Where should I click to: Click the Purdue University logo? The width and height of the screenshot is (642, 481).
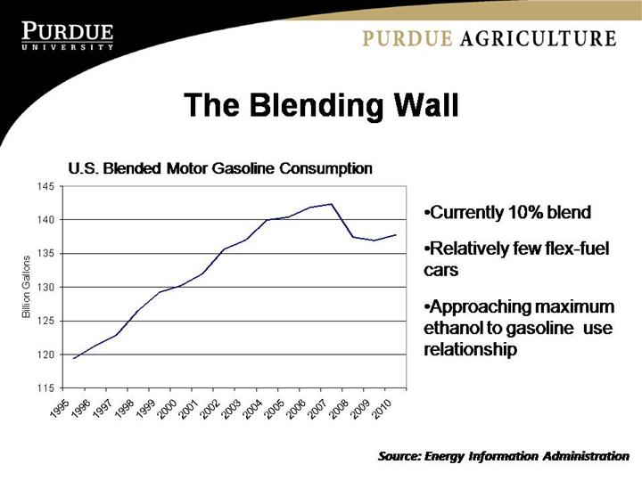tap(68, 36)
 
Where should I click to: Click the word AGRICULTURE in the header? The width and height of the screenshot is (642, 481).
tap(554, 38)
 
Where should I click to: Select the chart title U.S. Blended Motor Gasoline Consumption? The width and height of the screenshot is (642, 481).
tap(220, 167)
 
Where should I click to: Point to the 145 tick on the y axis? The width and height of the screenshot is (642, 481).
tap(45, 186)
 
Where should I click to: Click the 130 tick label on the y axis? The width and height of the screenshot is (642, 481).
tap(45, 287)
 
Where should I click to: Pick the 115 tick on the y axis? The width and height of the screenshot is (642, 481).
tap(45, 388)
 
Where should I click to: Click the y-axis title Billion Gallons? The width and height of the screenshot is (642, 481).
tap(27, 287)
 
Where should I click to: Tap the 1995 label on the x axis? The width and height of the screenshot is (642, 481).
tap(60, 407)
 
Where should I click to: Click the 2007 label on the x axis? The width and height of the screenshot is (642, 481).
tap(317, 407)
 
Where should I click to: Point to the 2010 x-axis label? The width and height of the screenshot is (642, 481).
tap(381, 407)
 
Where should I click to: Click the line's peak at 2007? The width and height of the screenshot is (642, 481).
tap(332, 204)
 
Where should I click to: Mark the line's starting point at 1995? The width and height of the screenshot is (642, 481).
tap(74, 358)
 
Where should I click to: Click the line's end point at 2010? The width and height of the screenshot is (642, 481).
tap(396, 235)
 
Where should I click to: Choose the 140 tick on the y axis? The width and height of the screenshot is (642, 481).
tap(45, 220)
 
